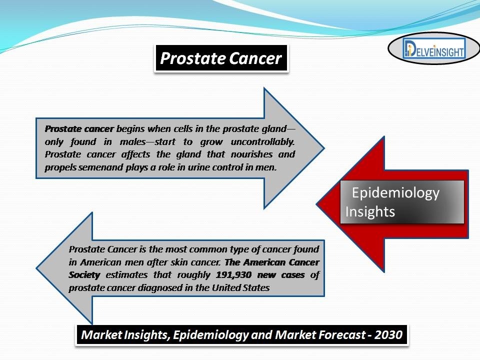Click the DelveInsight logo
click(434, 48)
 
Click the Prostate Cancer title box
click(221, 58)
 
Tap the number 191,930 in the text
click(234, 275)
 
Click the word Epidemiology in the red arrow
click(395, 193)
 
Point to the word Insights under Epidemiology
click(370, 212)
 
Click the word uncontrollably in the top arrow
click(262, 141)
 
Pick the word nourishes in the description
click(251, 154)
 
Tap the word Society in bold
click(84, 275)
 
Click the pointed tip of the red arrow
click(316, 204)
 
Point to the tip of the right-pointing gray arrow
click(324, 148)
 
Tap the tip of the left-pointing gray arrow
click(36, 268)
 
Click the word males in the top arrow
click(133, 141)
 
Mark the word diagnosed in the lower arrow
click(159, 288)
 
